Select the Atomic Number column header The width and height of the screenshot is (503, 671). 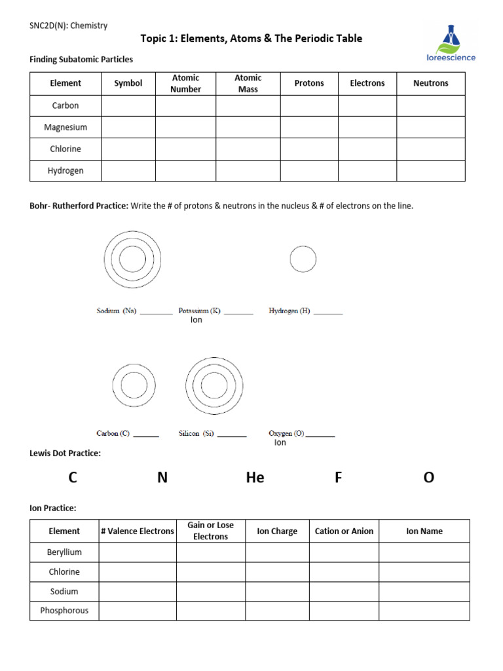pos(185,83)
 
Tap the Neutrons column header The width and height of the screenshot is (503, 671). pos(431,83)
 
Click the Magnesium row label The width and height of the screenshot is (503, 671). pos(65,127)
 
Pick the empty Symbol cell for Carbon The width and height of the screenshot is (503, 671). pos(128,105)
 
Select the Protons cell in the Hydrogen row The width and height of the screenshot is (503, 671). pos(309,170)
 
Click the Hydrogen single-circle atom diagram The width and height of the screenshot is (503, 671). pos(303,259)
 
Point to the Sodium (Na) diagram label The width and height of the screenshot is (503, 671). pos(117,311)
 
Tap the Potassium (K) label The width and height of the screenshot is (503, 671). pos(200,311)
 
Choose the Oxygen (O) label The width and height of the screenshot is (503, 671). pos(286,433)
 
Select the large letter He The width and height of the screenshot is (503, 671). pos(255,478)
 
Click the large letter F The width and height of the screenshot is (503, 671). pos(339,478)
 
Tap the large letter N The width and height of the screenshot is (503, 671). pos(162,478)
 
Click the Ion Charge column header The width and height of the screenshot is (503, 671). pos(277,531)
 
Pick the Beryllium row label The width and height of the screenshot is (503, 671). pos(64,552)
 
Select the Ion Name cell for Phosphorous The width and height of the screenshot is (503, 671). pos(424,611)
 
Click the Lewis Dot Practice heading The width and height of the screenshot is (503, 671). pos(65,453)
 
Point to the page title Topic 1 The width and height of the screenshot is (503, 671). pos(251,39)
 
